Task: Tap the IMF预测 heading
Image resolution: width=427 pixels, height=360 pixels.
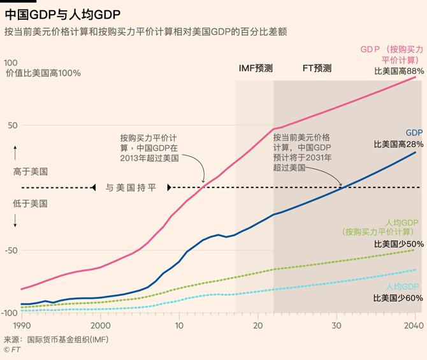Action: coord(256,68)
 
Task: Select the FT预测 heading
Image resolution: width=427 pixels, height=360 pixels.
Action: coord(317,68)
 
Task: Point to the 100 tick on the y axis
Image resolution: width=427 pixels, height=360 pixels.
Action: coord(10,62)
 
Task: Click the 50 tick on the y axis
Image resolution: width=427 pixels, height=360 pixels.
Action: coord(12,125)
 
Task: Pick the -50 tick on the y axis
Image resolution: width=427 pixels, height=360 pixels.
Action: coord(11,250)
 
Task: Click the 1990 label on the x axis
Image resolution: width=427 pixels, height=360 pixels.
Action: coord(22,326)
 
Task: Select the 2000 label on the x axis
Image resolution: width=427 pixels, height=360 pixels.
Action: coord(101,326)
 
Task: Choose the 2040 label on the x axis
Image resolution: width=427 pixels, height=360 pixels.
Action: coord(415,326)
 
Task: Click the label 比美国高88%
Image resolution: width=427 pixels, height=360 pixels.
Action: coord(398,71)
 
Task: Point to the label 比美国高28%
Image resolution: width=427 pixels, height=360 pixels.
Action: coord(398,145)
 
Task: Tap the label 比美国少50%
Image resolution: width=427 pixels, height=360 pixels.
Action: coord(398,244)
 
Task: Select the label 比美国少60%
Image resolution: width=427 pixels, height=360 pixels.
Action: coord(398,298)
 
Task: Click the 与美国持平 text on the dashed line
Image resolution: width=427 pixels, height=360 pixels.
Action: coord(131,187)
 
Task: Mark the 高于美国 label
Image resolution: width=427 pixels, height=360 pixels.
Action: coord(30,171)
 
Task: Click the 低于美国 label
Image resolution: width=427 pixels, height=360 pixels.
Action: coord(30,203)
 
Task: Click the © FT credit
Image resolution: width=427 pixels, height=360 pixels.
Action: coord(11,349)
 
